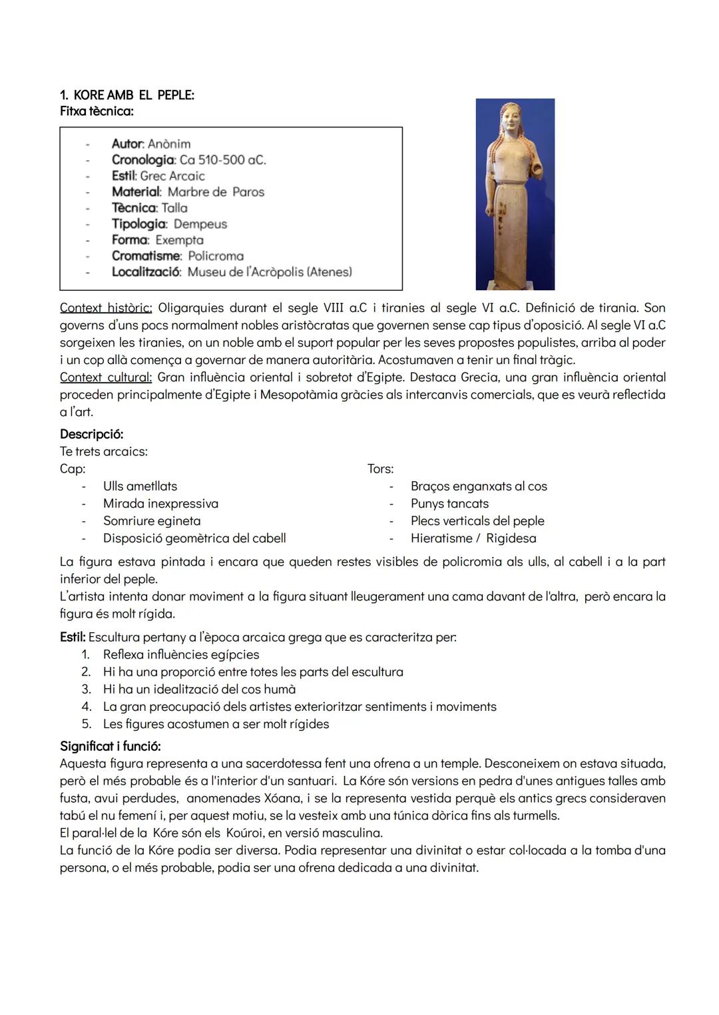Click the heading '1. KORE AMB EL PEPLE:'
pyautogui.click(x=126, y=95)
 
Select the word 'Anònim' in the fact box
pyautogui.click(x=169, y=144)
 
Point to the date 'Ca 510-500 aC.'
pyautogui.click(x=222, y=160)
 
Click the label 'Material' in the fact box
pyautogui.click(x=136, y=192)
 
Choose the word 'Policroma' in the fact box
pyautogui.click(x=216, y=256)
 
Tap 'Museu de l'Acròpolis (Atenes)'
pyautogui.click(x=270, y=272)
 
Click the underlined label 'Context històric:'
pyautogui.click(x=106, y=308)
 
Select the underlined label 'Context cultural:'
pyautogui.click(x=106, y=377)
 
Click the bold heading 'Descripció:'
pyautogui.click(x=91, y=435)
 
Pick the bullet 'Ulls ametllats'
pyautogui.click(x=140, y=487)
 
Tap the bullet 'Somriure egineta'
pyautogui.click(x=152, y=521)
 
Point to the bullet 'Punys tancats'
pyautogui.click(x=449, y=504)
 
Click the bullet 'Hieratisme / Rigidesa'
pyautogui.click(x=473, y=538)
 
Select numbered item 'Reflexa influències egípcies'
pyautogui.click(x=181, y=655)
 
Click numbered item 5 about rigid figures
pyautogui.click(x=216, y=724)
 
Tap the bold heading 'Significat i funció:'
pyautogui.click(x=110, y=746)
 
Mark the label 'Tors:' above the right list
pyautogui.click(x=380, y=469)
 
